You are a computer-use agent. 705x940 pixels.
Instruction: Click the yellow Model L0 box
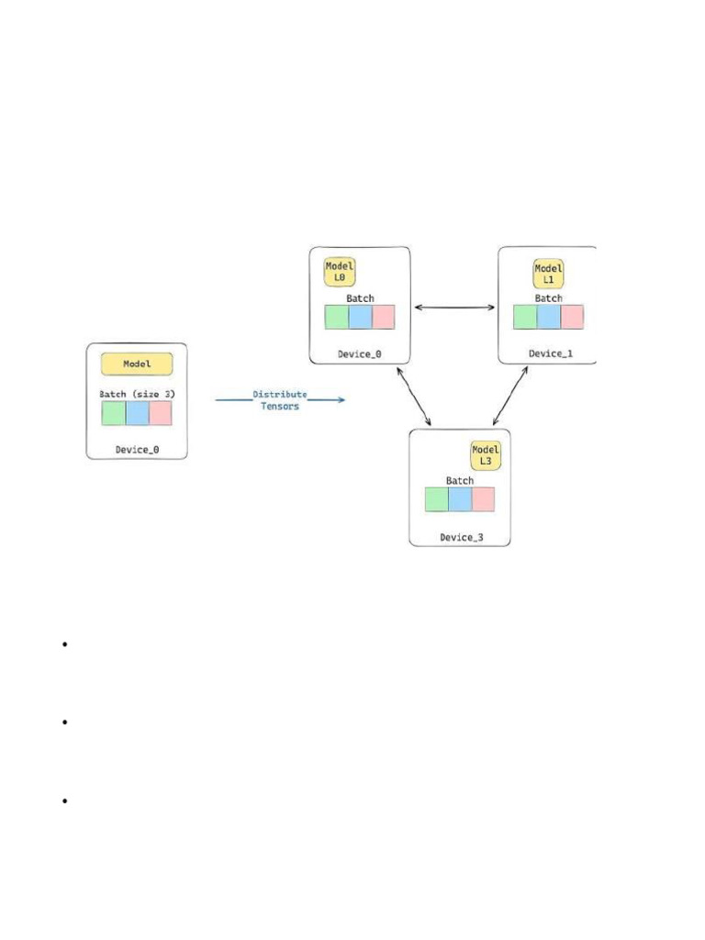click(x=340, y=272)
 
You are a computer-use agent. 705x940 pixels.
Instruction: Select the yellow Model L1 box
click(x=549, y=273)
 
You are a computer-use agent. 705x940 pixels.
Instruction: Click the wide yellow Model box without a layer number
click(x=137, y=364)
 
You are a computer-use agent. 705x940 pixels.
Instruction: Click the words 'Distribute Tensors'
click(x=280, y=400)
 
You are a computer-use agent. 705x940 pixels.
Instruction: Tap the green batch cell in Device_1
click(x=525, y=317)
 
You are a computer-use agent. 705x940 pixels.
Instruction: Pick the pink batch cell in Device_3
click(x=483, y=498)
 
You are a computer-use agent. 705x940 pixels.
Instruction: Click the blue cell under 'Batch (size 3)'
click(x=137, y=413)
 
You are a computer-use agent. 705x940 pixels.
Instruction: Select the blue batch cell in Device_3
click(x=460, y=498)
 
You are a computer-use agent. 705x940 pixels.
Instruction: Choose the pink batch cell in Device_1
click(x=572, y=317)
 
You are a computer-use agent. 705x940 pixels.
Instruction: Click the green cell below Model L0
click(x=337, y=317)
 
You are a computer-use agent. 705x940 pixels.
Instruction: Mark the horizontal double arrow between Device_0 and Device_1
click(x=454, y=308)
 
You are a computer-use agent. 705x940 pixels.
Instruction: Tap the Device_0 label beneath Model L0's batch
click(x=359, y=353)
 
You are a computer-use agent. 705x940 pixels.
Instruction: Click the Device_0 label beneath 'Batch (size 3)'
click(x=137, y=450)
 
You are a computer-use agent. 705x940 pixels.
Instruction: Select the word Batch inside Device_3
click(x=460, y=481)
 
